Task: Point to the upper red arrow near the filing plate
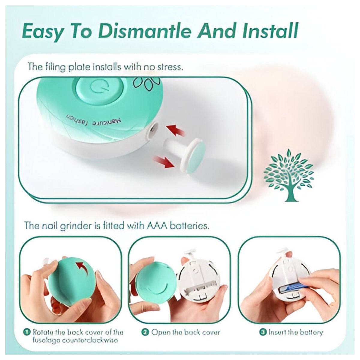175,131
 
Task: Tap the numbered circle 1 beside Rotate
27,332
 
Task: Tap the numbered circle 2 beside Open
145,332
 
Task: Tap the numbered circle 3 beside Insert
263,332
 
